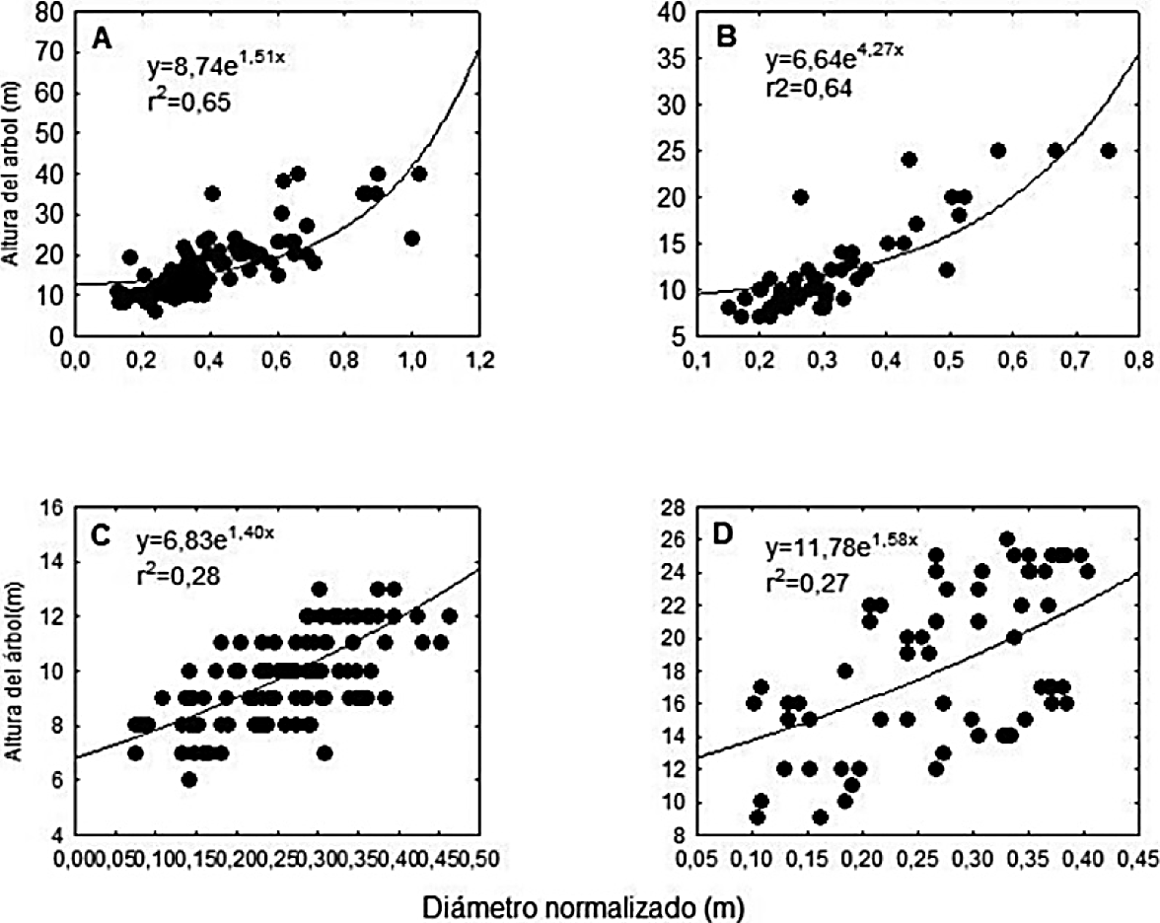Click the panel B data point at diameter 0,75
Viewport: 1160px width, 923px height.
click(1108, 151)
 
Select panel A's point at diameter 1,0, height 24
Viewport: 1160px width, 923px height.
click(411, 239)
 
